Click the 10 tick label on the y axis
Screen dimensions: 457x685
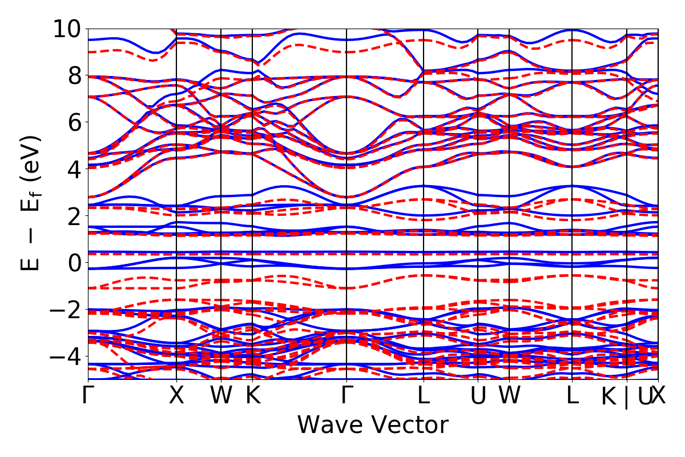67,29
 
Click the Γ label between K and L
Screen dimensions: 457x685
346,396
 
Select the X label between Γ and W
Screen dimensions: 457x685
176,396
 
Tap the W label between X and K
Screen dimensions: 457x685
221,396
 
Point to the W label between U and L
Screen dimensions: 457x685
509,396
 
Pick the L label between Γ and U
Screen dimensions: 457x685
423,396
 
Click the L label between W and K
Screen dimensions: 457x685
572,396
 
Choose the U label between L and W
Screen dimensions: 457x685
478,396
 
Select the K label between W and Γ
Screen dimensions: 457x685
252,396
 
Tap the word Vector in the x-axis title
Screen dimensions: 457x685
409,426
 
